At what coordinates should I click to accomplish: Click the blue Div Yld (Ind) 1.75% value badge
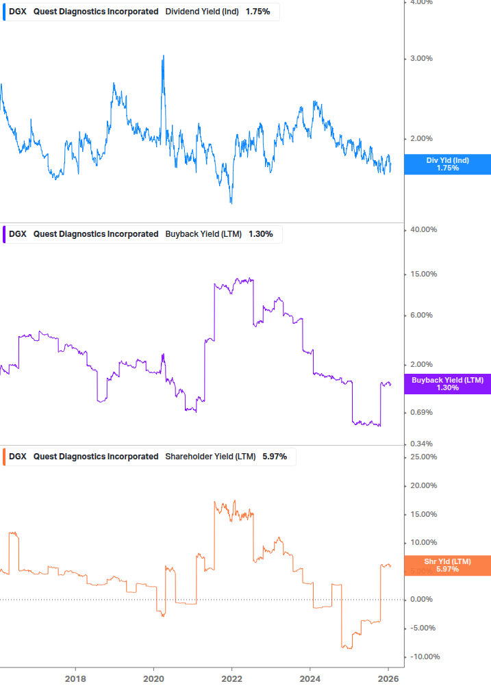click(447, 164)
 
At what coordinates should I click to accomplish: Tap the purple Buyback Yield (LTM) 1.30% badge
click(447, 384)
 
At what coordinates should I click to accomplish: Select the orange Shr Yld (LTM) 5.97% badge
click(447, 565)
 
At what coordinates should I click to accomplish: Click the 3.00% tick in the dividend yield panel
click(420, 59)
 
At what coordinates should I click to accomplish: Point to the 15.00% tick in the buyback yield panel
click(423, 275)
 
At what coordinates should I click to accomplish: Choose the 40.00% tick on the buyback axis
click(423, 230)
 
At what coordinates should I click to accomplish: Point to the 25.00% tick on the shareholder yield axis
click(423, 457)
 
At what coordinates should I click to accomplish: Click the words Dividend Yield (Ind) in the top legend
click(202, 12)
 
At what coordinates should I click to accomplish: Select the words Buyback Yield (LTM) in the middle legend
click(203, 234)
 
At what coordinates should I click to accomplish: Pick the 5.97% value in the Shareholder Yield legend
click(275, 457)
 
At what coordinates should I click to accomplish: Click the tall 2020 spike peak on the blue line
click(163, 56)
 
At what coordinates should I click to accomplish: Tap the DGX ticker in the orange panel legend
click(17, 457)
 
